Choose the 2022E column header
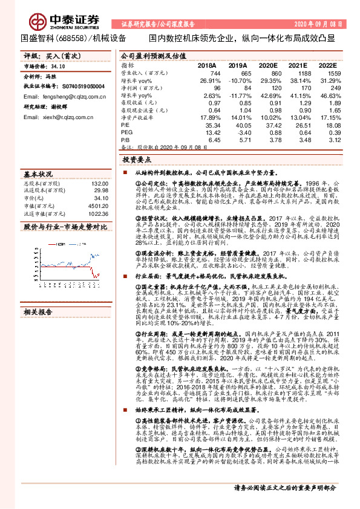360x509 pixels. coord(327,65)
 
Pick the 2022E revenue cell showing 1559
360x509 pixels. coord(331,73)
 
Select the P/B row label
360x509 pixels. coord(125,140)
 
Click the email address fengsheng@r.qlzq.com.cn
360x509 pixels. coord(67,97)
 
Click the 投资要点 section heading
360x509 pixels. coord(137,160)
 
